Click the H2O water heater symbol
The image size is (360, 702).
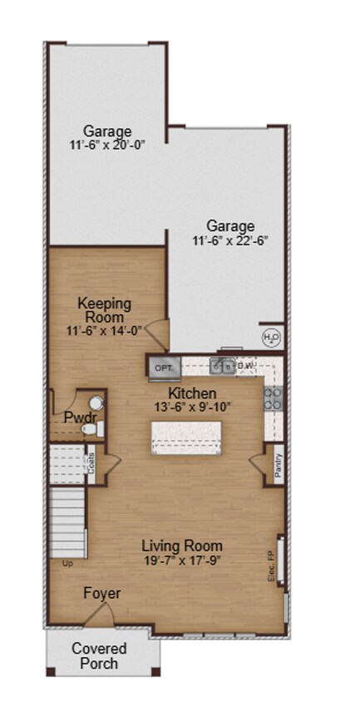point(271,337)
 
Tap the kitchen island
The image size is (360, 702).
point(186,438)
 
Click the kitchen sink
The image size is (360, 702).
point(222,365)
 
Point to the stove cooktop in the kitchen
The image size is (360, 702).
point(274,398)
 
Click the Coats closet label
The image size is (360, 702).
point(91,462)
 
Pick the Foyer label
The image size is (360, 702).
point(101,594)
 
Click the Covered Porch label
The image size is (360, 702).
point(99,655)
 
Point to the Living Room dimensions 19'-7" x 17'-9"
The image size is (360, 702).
point(181,560)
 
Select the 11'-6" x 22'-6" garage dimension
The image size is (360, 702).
point(230,240)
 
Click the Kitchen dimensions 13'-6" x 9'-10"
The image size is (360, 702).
point(193,407)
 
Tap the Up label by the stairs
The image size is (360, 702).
point(68,563)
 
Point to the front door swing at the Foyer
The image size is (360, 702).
point(100,615)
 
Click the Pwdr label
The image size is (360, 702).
point(77,417)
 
